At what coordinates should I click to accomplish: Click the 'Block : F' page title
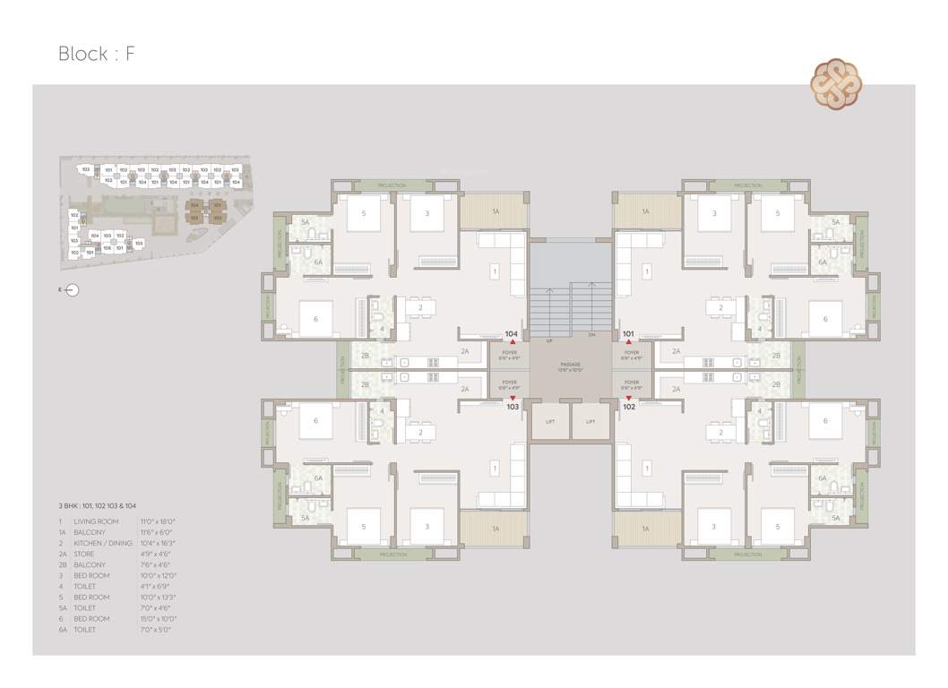point(97,53)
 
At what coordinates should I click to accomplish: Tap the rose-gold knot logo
point(837,84)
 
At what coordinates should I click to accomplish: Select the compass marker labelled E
point(72,289)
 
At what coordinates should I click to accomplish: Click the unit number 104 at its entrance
point(512,334)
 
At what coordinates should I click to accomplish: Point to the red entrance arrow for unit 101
point(629,342)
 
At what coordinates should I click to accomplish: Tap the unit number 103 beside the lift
point(513,406)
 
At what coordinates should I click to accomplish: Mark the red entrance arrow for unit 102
point(629,398)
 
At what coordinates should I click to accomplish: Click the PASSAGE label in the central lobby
point(571,365)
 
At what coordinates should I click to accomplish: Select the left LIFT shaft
point(550,421)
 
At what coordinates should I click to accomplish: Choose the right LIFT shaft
point(591,421)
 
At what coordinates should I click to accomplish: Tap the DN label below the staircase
point(592,335)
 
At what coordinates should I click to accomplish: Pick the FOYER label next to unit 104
point(510,354)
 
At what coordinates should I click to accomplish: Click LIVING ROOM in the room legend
point(96,520)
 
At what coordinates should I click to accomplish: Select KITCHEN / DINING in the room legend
point(103,543)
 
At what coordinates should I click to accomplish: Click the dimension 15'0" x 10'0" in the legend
point(158,619)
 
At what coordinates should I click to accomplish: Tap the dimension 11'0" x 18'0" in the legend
point(158,520)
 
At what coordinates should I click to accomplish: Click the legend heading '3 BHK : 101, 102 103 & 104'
point(98,506)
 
